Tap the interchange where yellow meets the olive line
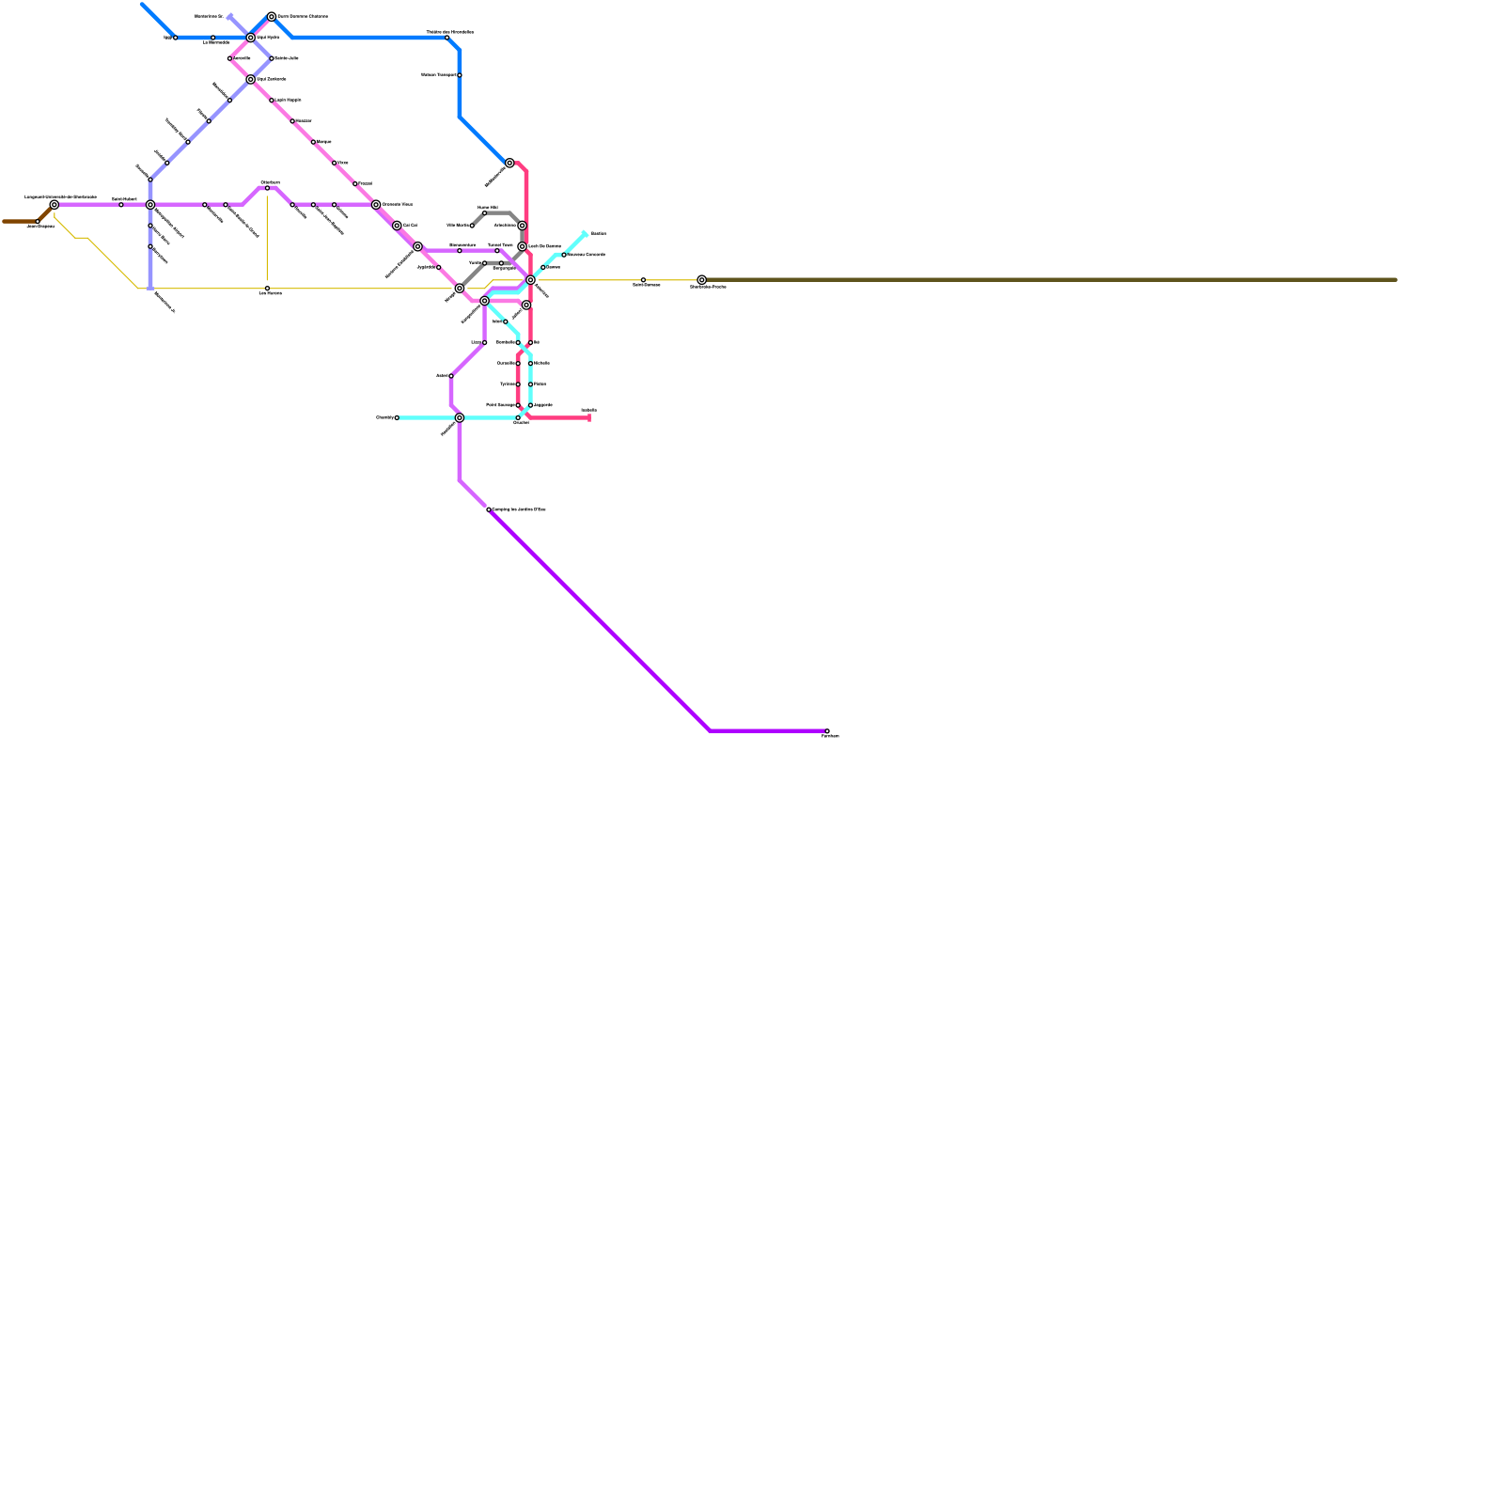(701, 279)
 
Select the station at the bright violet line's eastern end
(826, 731)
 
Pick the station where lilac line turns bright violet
(489, 509)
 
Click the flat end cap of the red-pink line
(589, 417)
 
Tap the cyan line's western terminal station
(397, 417)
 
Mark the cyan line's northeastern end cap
(585, 233)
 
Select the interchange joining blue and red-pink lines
(509, 163)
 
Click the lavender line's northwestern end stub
(229, 16)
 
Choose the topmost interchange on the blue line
(272, 16)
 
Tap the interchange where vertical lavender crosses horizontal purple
(150, 204)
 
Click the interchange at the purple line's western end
(55, 204)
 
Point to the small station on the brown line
(38, 222)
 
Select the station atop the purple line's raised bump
(267, 188)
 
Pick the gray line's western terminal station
(472, 226)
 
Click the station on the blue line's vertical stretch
(459, 75)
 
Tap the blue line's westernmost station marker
(175, 38)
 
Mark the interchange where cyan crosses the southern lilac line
(459, 417)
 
